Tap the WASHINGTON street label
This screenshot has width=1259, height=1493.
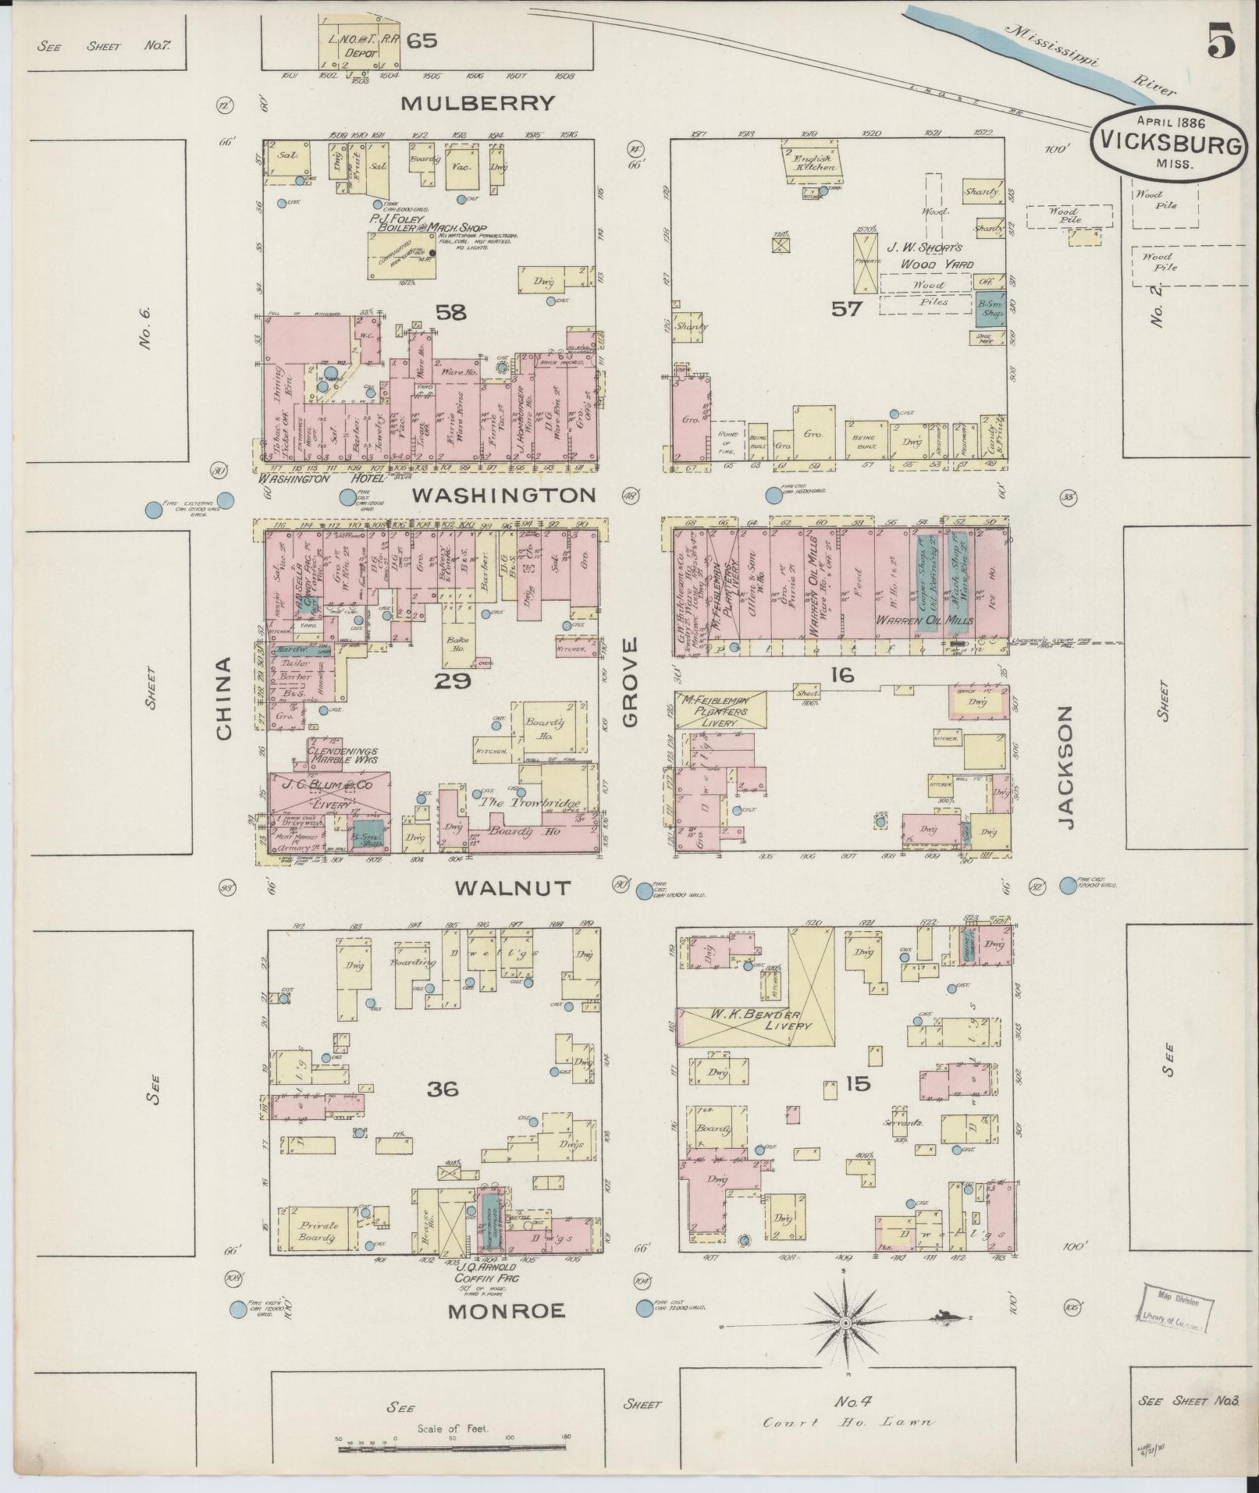[503, 495]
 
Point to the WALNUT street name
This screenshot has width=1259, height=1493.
[514, 887]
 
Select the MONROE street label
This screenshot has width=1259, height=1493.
[506, 1311]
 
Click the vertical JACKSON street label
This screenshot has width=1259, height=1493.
[1065, 768]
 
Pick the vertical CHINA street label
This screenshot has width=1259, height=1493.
[224, 698]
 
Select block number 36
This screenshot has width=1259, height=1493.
[443, 1089]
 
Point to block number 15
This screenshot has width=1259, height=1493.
[856, 1083]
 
